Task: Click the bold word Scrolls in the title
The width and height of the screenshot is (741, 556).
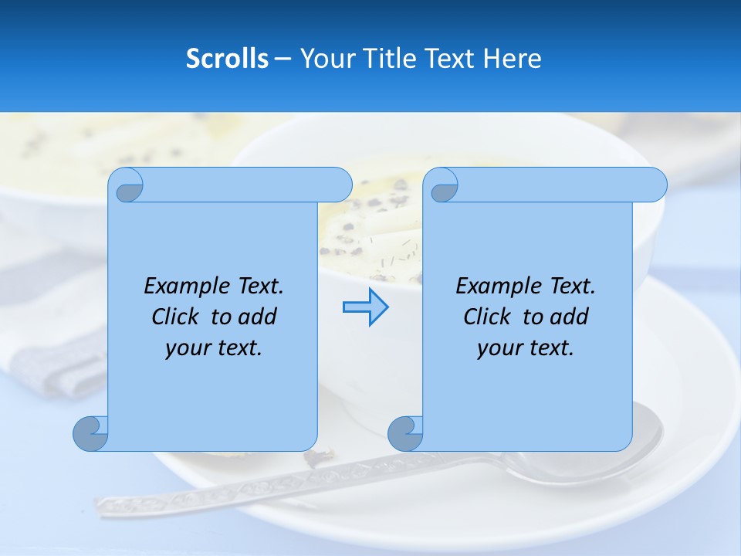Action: [228, 59]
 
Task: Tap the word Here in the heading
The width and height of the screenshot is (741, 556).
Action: [512, 59]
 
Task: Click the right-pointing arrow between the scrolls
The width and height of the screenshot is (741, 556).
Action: [365, 307]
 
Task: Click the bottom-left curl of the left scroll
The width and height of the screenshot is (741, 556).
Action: [90, 433]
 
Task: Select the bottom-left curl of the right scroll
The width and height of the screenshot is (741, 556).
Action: [405, 433]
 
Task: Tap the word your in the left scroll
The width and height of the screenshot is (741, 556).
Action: [186, 348]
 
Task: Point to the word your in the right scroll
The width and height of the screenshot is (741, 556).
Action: [498, 348]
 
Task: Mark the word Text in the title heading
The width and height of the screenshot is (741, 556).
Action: [450, 59]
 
